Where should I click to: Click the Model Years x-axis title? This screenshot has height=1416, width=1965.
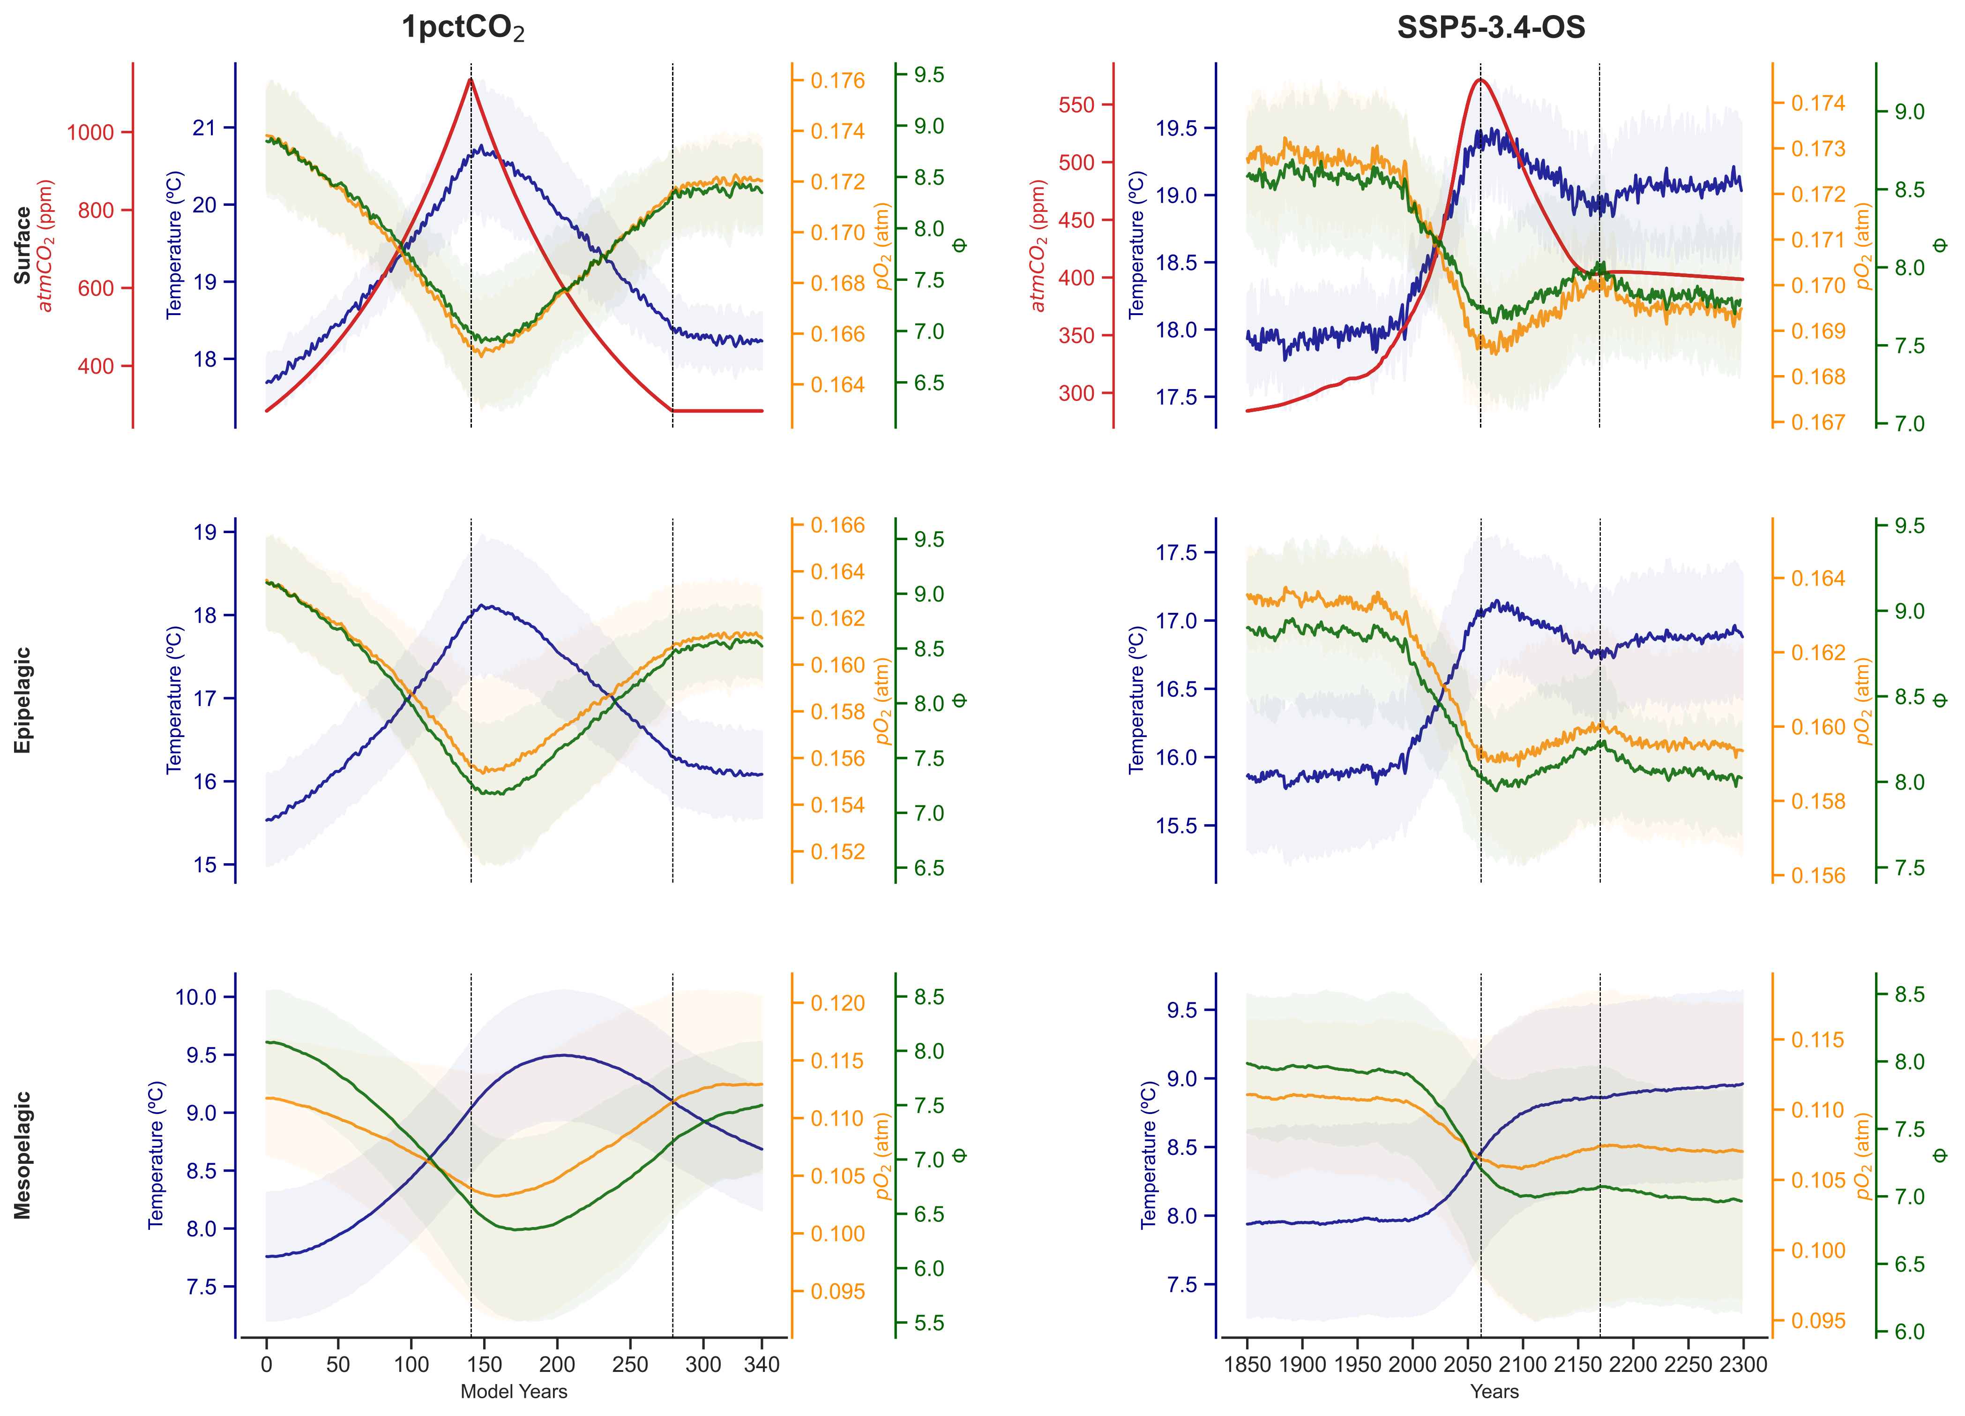514,1392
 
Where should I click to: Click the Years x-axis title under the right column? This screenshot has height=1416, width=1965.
1494,1392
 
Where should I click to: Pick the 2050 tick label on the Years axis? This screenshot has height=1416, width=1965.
1468,1365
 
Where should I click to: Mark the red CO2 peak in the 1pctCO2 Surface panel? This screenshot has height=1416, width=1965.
471,80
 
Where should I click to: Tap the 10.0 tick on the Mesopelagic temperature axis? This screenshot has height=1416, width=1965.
196,996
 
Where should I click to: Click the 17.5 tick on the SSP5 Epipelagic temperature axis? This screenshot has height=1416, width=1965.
1176,553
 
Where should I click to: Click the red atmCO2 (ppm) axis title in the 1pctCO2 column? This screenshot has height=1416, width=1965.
46,245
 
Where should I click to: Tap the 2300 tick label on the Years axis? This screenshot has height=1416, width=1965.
1742,1365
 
